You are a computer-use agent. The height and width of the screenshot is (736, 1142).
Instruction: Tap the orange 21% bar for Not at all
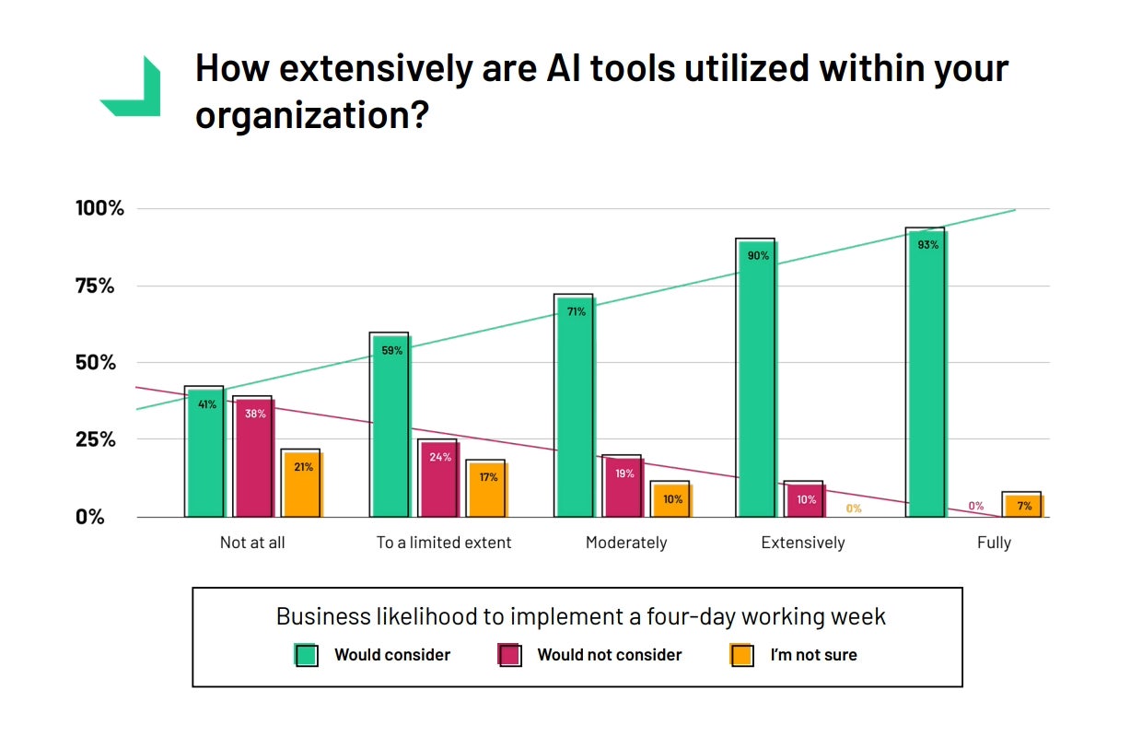[303, 484]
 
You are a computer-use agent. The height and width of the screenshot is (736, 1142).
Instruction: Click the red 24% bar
[439, 478]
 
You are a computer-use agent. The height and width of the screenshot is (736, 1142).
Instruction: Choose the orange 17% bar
[487, 488]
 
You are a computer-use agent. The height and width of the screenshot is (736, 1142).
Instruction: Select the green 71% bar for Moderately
[575, 406]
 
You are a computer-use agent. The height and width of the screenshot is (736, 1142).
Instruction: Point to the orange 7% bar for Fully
[1023, 505]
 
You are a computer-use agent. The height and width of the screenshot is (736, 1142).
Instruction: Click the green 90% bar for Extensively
[757, 378]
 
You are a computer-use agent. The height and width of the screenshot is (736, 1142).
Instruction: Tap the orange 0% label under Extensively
[854, 508]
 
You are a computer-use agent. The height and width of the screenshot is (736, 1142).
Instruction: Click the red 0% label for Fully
[975, 506]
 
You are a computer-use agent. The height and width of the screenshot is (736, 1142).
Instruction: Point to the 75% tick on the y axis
[95, 286]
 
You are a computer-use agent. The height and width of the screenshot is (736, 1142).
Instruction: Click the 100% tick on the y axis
[99, 208]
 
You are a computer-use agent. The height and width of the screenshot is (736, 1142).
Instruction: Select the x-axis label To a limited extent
[444, 543]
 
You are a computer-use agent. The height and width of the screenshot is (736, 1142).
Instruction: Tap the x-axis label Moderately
[626, 543]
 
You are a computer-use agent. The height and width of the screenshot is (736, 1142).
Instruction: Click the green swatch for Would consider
[306, 655]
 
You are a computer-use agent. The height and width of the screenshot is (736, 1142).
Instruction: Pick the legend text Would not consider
[610, 655]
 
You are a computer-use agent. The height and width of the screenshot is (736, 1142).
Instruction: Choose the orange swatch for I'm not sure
[741, 655]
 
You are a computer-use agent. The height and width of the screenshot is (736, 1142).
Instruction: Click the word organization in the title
[300, 115]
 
